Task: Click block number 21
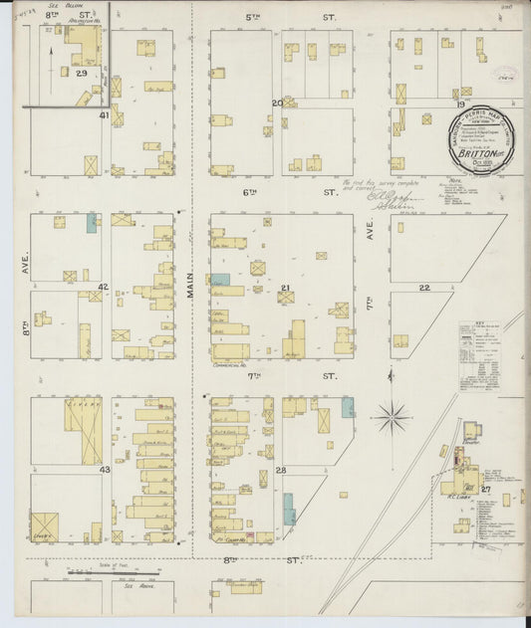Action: (285, 289)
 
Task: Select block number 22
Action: (423, 288)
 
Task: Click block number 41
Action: (104, 115)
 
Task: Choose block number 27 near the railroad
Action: (486, 490)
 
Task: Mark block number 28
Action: (282, 469)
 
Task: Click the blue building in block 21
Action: (219, 282)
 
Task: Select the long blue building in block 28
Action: (289, 509)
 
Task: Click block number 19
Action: (460, 104)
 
